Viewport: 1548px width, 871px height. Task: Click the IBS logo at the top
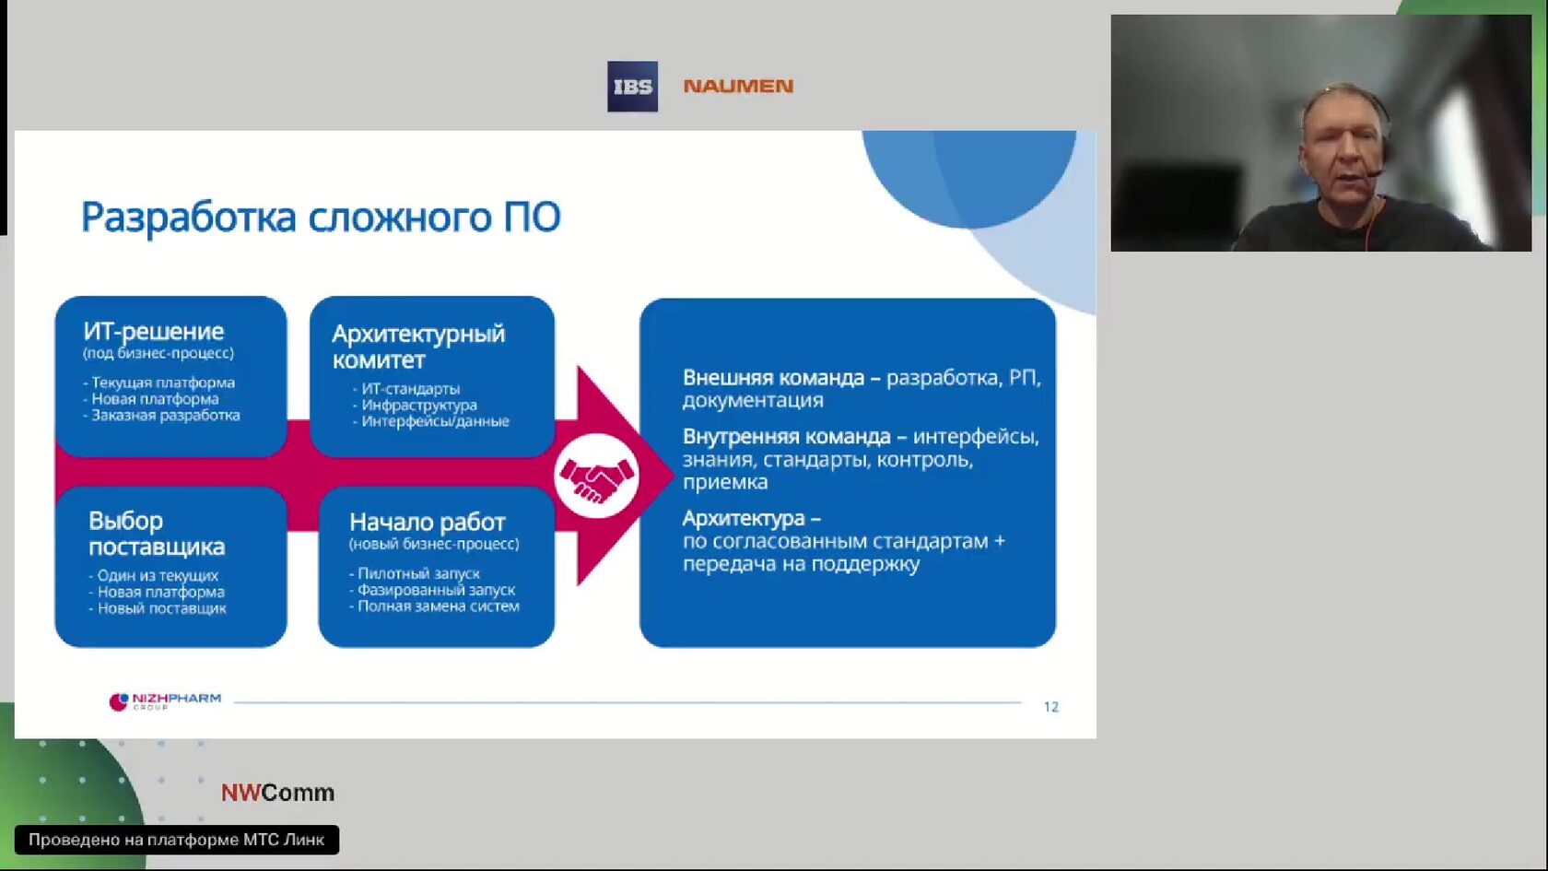[x=632, y=87]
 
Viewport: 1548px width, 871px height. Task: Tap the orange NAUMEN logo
[x=738, y=86]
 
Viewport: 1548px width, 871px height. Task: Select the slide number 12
[x=1051, y=706]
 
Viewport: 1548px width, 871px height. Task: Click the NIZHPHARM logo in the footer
[x=165, y=700]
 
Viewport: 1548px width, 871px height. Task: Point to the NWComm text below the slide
[x=278, y=793]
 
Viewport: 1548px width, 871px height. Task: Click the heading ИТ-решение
[x=153, y=331]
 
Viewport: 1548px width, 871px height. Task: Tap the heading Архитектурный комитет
[x=418, y=347]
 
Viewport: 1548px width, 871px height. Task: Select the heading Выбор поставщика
[x=157, y=533]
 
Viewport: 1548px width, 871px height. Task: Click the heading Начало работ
[x=428, y=522]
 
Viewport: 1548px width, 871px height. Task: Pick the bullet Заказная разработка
[x=162, y=415]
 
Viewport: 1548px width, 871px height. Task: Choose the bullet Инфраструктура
[x=415, y=405]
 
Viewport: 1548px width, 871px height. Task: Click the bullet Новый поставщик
[x=158, y=608]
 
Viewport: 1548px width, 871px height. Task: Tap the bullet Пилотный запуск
[x=415, y=573]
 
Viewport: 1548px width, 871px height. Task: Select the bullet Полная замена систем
[x=435, y=606]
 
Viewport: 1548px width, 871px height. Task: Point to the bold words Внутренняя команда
[x=787, y=437]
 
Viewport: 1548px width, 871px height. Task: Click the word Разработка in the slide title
[x=189, y=218]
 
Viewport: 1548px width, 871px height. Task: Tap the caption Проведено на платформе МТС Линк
[x=176, y=840]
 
